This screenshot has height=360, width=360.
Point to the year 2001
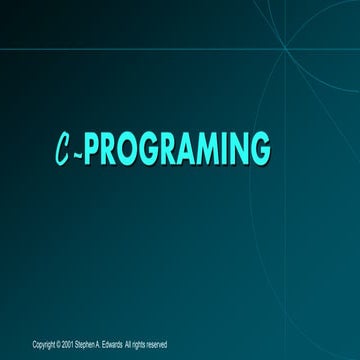click(66, 344)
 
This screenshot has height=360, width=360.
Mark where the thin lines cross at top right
click(283, 47)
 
